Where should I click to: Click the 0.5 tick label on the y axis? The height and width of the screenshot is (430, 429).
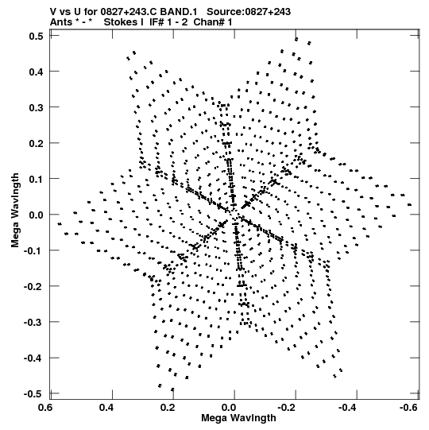tap(36, 36)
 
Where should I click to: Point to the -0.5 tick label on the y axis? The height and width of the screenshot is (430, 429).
tap(33, 393)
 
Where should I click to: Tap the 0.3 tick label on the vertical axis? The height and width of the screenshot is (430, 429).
tap(36, 107)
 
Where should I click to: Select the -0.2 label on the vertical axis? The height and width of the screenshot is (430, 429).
tap(33, 287)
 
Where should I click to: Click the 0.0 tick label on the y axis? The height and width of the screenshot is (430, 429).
tap(36, 215)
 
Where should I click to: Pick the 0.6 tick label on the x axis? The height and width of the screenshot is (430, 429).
tap(45, 407)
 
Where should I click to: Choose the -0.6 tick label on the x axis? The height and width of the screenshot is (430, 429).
tap(408, 407)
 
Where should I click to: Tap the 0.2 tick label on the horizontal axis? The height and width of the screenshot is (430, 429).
tap(168, 407)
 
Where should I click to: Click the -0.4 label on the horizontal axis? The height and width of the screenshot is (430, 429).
tap(347, 407)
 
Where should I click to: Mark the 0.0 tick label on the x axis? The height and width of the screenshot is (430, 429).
tap(229, 407)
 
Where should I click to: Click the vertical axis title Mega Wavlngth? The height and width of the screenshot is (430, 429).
tap(15, 211)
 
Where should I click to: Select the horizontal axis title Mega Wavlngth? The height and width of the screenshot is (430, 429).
tap(238, 417)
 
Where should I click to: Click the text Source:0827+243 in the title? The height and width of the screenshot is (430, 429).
tap(249, 12)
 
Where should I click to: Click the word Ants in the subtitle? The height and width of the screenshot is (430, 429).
tap(61, 22)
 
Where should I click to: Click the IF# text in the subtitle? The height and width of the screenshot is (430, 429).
tap(157, 22)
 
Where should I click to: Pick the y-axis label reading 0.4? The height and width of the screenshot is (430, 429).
tap(36, 72)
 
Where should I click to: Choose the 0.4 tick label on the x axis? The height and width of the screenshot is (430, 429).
tap(106, 407)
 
